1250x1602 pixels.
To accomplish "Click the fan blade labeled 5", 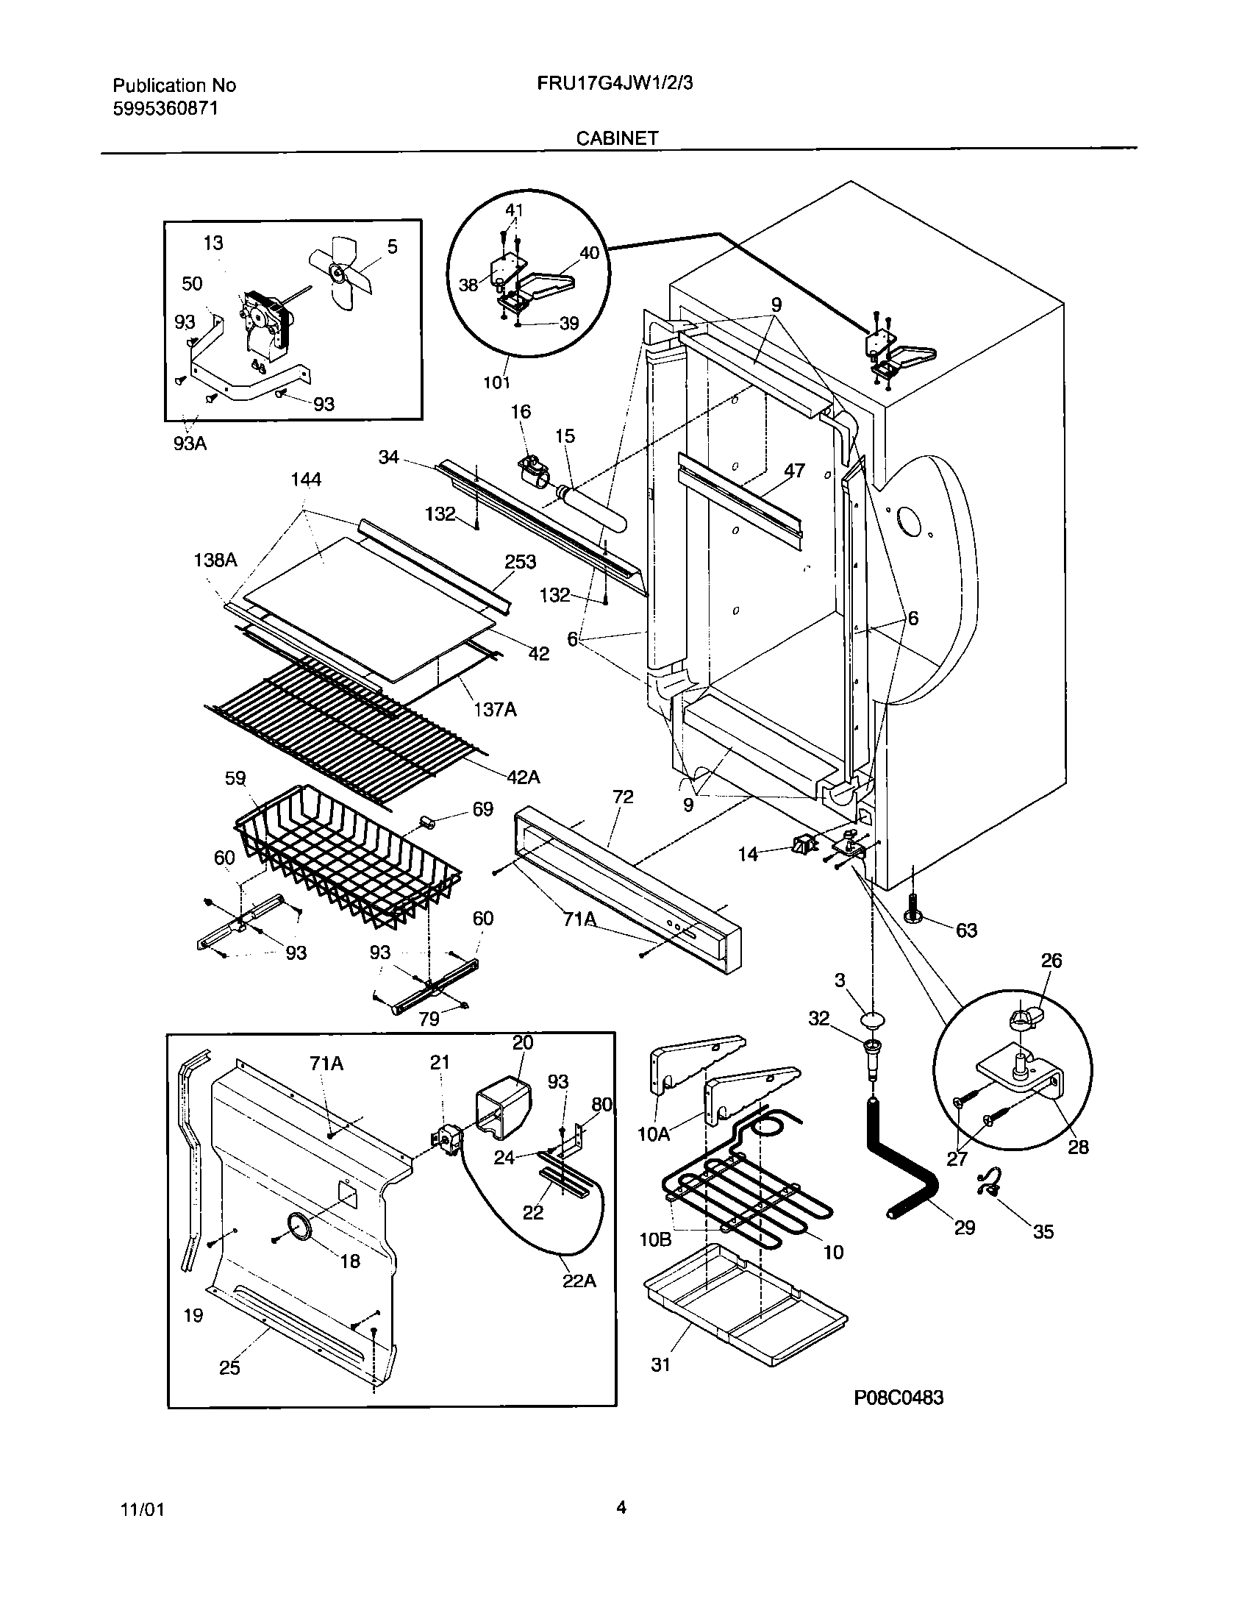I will tap(340, 274).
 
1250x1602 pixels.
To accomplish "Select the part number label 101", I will tap(497, 382).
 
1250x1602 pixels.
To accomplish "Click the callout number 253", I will tap(520, 562).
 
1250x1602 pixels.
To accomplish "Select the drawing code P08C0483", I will tap(899, 1418).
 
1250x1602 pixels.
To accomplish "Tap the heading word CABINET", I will tap(616, 138).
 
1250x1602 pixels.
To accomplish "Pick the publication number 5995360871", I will tap(165, 109).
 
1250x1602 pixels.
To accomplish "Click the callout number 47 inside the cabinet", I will tap(794, 470).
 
